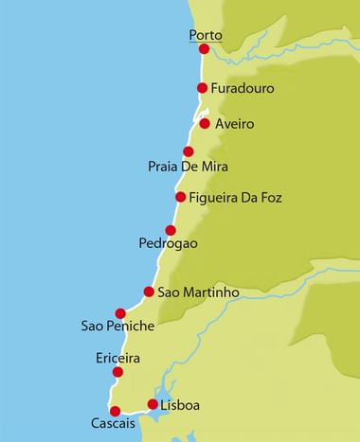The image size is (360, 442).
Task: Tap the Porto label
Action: coord(206,35)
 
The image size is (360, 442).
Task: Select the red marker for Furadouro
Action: coord(202,88)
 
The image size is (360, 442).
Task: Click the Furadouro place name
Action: coord(245,89)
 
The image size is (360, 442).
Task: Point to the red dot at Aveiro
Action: coord(205,123)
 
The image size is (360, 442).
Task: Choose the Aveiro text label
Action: coord(235,125)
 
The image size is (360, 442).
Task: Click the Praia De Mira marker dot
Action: coord(189,151)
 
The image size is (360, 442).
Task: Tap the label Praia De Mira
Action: coord(189,168)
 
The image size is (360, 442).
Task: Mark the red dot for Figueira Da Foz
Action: coord(180,197)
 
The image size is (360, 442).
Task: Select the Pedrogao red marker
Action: coord(171,230)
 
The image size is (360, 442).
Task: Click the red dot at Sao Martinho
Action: coord(149,292)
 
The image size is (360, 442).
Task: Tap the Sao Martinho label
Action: coord(198,292)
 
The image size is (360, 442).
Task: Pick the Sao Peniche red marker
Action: coord(120,313)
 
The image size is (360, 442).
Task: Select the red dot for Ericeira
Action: coord(117,373)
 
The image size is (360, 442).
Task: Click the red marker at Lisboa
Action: coord(153,405)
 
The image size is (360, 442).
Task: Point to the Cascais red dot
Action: coord(115,411)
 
